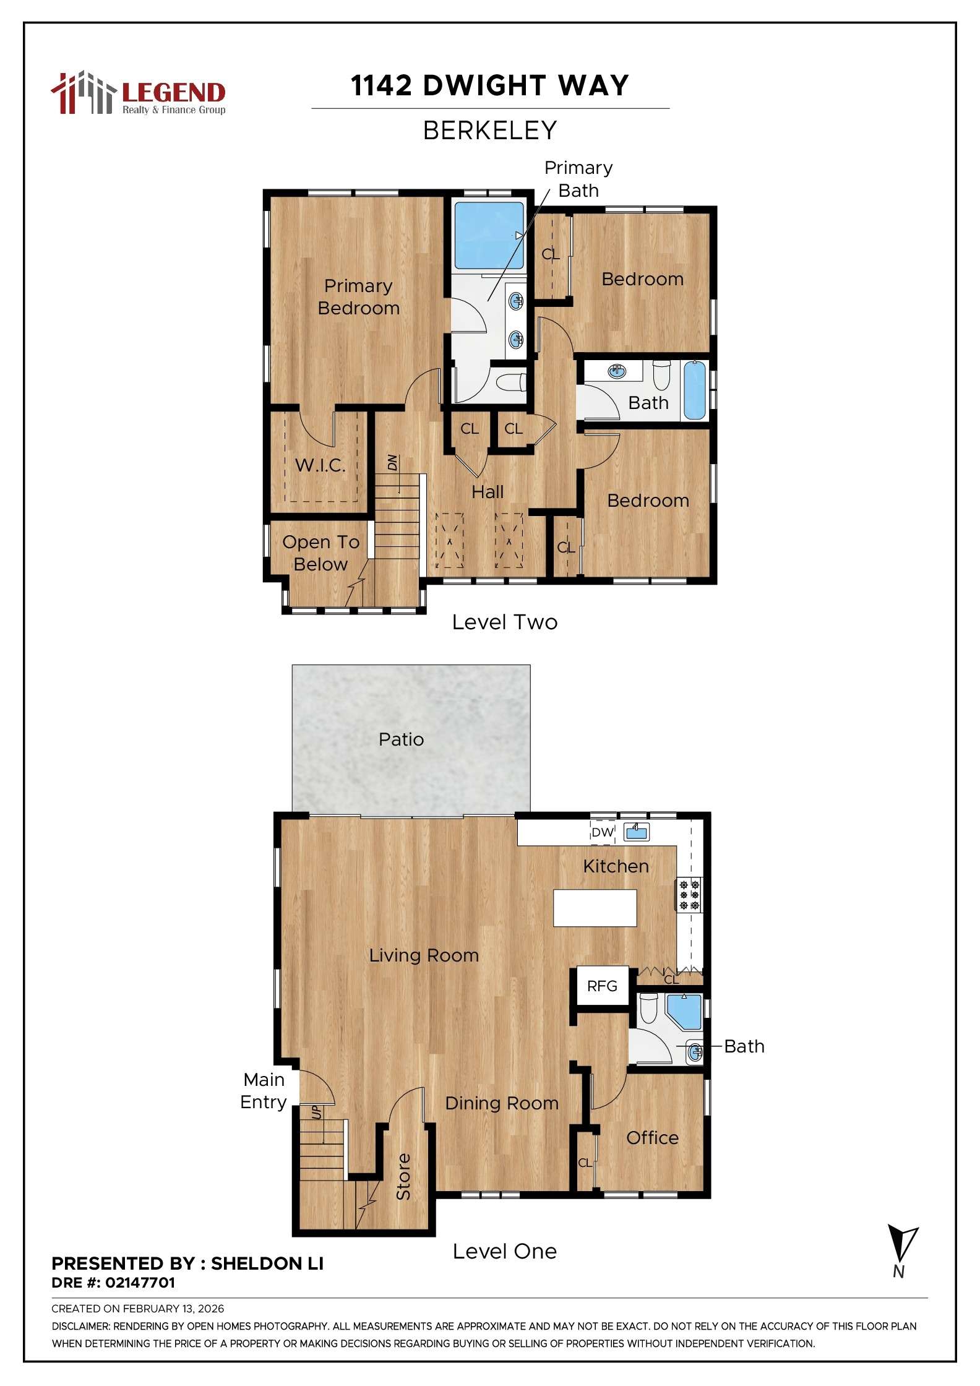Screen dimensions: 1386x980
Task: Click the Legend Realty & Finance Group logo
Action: pos(138,94)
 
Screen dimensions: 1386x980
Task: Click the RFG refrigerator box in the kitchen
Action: pos(602,986)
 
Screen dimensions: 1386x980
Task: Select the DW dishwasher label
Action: pos(602,833)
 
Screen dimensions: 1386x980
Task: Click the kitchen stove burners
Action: pos(689,895)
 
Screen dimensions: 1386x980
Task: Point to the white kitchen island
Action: pos(595,908)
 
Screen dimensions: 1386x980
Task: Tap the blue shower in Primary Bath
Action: pos(489,235)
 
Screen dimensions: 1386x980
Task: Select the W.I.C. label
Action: pos(320,465)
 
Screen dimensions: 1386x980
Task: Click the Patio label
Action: pos(401,739)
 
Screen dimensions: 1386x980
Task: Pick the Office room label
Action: pos(652,1138)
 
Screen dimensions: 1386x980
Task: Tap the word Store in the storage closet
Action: pos(403,1177)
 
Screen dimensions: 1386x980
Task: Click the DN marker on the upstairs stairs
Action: pos(392,462)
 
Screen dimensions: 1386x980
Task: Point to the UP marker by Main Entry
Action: pos(316,1113)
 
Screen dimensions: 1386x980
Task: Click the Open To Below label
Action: pos(320,553)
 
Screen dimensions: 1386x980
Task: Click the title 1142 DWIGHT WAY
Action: pos(489,85)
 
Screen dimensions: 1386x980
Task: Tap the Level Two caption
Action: pos(504,622)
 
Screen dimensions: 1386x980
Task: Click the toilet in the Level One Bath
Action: pos(648,1008)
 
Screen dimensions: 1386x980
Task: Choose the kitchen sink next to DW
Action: pos(636,832)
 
